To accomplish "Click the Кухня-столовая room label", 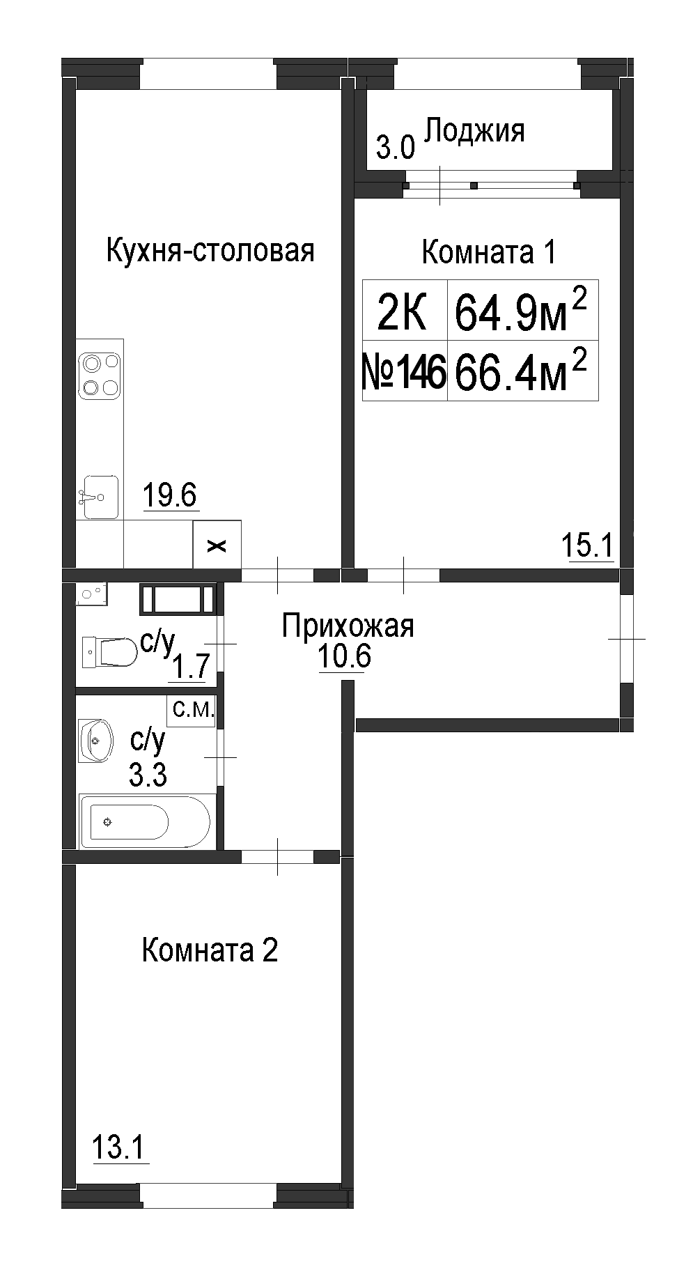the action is [210, 250].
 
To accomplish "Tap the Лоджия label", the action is [474, 130].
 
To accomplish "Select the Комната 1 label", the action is [489, 252].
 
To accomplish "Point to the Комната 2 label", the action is [210, 950].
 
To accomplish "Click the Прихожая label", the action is [348, 626].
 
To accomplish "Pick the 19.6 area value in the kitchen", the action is [171, 495].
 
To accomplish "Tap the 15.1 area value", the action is [587, 545].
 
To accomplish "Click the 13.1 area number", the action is [120, 1147].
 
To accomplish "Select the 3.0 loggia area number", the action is [396, 148].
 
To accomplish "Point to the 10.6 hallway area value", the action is [345, 656].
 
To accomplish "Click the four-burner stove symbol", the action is [100, 375].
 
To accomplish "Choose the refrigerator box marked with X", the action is [217, 545].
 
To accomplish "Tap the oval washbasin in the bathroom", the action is [95, 741].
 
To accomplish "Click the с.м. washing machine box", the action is [192, 711].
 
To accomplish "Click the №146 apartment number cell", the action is [405, 371].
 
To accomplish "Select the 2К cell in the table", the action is [405, 310].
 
